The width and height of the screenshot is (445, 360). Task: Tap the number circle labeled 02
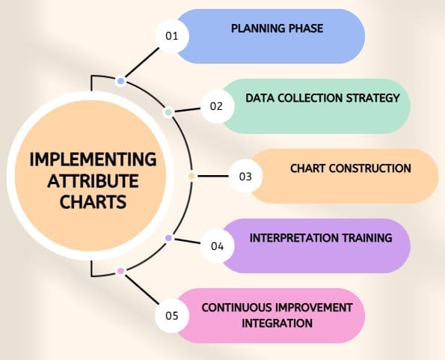pos(216,106)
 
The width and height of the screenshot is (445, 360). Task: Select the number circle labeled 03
pos(245,177)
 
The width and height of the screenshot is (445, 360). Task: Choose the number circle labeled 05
pos(172,315)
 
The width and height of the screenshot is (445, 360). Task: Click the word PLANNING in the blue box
pos(257,29)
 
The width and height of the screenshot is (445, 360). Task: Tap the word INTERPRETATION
pos(292,238)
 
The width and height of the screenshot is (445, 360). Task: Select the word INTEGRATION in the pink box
pos(277,323)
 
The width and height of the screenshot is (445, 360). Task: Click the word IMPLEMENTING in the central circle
pos(93,159)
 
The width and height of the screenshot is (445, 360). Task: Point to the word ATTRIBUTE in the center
pos(93,180)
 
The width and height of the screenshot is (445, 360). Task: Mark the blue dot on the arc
pos(120,80)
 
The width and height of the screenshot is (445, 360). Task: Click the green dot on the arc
pos(168,112)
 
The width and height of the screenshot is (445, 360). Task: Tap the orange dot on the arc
pos(191,177)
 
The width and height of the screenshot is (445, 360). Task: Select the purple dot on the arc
pos(168,238)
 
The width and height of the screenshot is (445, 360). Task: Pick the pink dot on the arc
pos(120,270)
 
